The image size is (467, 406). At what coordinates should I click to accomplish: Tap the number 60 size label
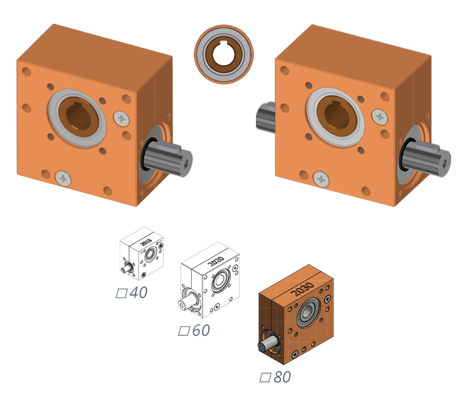(201, 330)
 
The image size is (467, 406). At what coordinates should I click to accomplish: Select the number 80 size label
(282, 377)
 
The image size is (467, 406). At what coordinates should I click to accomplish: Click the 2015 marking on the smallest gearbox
(146, 242)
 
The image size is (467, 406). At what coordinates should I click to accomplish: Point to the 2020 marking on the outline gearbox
(216, 261)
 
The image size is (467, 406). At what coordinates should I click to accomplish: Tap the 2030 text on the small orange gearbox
(302, 289)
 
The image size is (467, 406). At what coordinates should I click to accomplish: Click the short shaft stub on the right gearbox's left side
(266, 116)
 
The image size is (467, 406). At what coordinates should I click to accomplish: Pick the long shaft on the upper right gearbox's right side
(426, 158)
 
